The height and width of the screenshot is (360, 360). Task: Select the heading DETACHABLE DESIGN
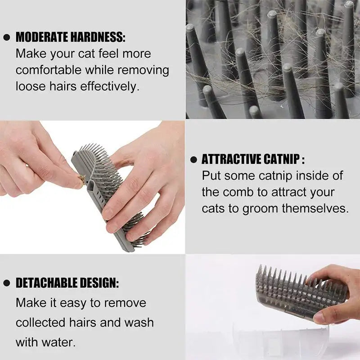tap(67, 283)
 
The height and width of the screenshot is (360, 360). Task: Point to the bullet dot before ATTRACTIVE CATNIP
tap(193, 160)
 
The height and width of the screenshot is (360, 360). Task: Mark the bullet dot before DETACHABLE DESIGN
tap(6, 283)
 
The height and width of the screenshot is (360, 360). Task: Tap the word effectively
tap(109, 86)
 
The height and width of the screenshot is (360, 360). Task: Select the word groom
tap(261, 208)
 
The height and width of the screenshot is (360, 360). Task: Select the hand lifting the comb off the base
tap(335, 292)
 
